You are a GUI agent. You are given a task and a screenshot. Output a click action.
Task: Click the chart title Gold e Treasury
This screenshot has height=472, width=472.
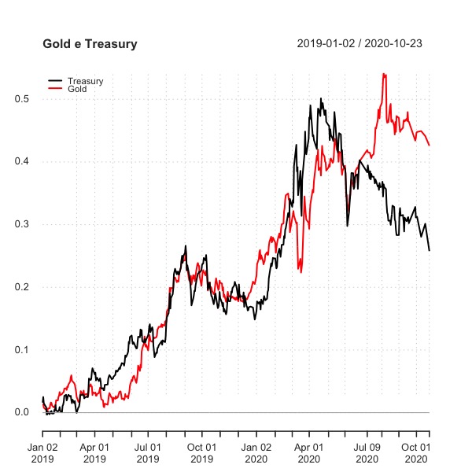[90, 45]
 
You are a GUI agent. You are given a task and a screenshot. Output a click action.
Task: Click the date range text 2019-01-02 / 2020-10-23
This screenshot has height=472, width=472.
[360, 43]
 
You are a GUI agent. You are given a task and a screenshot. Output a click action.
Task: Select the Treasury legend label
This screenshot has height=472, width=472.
[85, 81]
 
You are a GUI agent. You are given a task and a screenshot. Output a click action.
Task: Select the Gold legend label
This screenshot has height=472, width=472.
[78, 89]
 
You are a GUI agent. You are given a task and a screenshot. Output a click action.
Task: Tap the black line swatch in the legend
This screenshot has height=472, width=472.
[55, 81]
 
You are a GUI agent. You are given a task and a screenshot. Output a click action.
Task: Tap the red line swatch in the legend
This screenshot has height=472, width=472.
[55, 89]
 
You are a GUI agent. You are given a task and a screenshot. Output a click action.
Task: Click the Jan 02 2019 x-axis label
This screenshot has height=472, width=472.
[42, 452]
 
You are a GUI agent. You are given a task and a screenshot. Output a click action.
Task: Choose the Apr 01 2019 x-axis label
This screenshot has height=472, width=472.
[94, 452]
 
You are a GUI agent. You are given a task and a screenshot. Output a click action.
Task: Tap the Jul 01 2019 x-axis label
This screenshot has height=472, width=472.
[147, 452]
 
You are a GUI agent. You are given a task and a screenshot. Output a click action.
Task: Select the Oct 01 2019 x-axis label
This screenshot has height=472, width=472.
[201, 452]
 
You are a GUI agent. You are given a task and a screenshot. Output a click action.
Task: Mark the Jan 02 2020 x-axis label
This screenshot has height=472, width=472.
[256, 452]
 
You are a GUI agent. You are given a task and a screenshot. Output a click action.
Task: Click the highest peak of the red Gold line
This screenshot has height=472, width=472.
[383, 74]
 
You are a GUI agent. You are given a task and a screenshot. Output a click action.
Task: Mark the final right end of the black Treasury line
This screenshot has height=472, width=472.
[430, 250]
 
